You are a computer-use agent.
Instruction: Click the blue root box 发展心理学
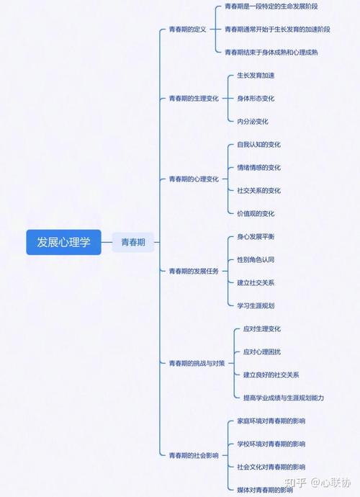click(x=63, y=242)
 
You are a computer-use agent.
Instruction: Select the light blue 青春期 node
click(x=133, y=242)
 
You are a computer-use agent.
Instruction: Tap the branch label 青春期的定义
click(x=188, y=30)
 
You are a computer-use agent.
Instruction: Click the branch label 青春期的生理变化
click(x=194, y=98)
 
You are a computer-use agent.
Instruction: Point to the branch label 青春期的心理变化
click(x=194, y=179)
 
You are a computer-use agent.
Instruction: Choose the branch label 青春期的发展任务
click(x=194, y=271)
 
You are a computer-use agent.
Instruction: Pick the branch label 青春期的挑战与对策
click(x=197, y=363)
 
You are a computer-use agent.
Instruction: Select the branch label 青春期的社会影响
click(x=194, y=455)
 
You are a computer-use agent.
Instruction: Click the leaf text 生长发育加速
click(x=256, y=76)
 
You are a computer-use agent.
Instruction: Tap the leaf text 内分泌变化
click(x=253, y=122)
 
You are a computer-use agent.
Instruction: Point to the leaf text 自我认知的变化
click(x=259, y=145)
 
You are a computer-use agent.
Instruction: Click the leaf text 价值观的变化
click(x=256, y=214)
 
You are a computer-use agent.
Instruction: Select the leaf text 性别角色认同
click(x=256, y=259)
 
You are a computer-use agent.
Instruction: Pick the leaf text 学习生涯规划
click(x=256, y=305)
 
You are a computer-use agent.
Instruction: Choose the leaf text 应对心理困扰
click(x=262, y=352)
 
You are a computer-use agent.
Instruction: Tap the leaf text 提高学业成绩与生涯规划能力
click(x=284, y=398)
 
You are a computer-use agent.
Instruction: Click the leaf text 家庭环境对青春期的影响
click(x=271, y=421)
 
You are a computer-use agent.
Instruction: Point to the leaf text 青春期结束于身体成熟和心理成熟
click(x=271, y=53)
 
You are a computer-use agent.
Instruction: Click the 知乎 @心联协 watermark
click(x=318, y=483)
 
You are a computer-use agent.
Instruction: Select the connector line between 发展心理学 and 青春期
click(x=107, y=242)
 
